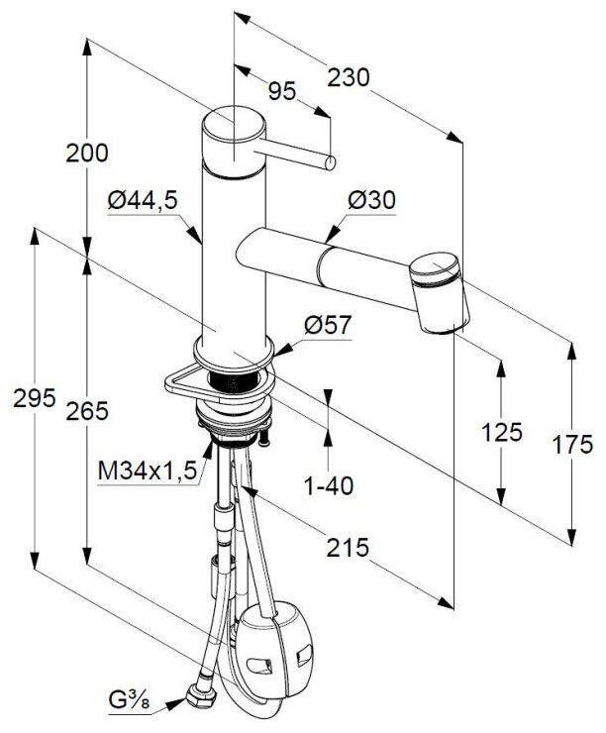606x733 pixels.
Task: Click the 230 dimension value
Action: click(350, 76)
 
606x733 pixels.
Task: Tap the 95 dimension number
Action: click(282, 92)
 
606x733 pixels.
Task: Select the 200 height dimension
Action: click(86, 154)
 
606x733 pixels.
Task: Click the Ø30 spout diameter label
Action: click(372, 200)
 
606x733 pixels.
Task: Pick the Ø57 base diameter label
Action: click(330, 324)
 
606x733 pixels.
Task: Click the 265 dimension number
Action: click(87, 409)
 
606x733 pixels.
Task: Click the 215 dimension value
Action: click(349, 546)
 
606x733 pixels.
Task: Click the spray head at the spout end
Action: click(440, 292)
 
